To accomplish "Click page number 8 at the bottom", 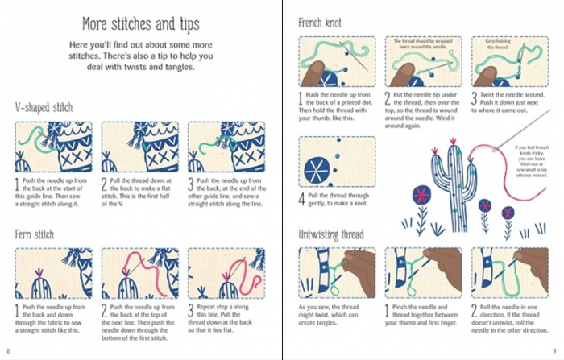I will click(8, 351).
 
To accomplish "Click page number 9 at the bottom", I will click(555, 351).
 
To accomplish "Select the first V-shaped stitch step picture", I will click(55, 148).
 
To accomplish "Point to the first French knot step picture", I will click(337, 62).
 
